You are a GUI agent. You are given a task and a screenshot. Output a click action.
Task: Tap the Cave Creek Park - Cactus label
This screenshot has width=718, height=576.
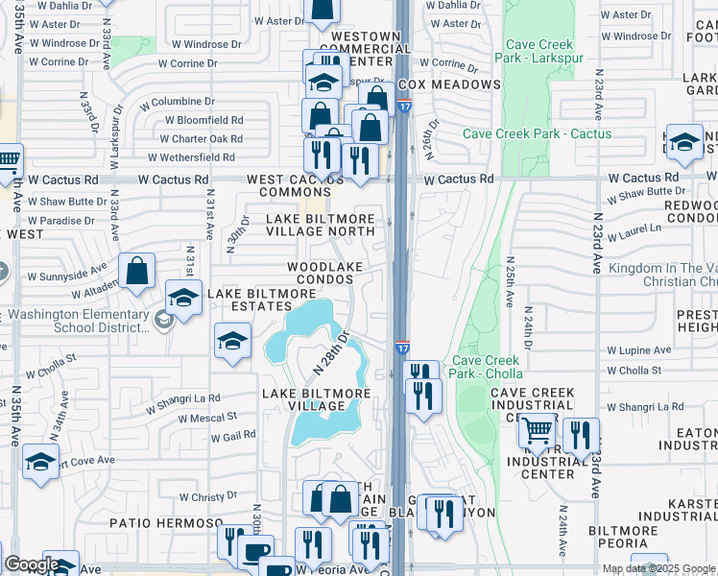[x=537, y=133]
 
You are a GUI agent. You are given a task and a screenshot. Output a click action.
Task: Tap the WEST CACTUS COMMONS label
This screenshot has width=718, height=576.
[x=295, y=186]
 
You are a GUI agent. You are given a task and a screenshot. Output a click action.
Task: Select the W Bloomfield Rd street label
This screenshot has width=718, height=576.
[x=203, y=121]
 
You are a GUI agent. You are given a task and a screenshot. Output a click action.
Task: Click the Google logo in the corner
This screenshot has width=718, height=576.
[x=32, y=565]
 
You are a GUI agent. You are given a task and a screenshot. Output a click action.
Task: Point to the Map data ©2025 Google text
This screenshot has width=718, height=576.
[x=658, y=568]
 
